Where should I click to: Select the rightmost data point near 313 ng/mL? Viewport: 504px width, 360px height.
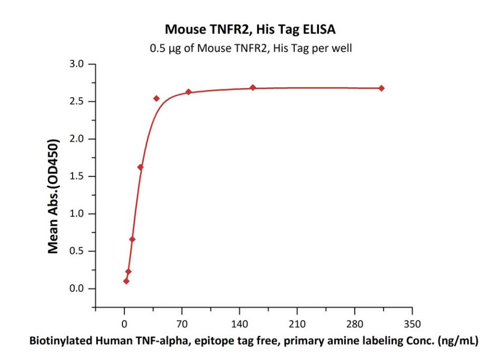(x=382, y=88)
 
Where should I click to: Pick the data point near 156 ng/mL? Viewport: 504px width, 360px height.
(x=253, y=87)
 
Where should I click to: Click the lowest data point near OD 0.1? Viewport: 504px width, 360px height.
(x=126, y=281)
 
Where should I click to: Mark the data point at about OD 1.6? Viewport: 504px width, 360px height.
(x=140, y=167)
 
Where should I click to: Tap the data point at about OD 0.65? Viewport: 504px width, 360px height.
(x=132, y=240)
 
